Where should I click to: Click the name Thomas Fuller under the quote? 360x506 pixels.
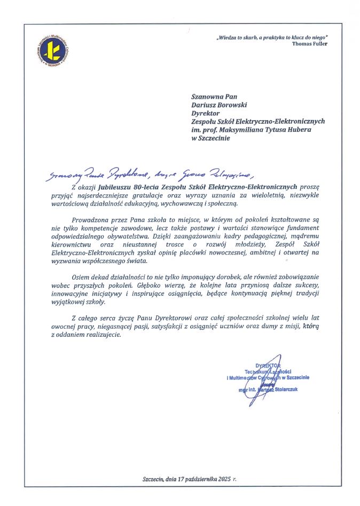pyautogui.click(x=310, y=44)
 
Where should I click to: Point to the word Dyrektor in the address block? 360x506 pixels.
pyautogui.click(x=206, y=113)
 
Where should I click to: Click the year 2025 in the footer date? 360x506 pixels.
pyautogui.click(x=225, y=480)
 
